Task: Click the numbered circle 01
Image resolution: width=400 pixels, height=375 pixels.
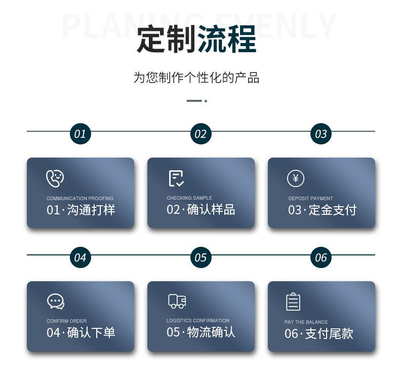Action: coord(80,134)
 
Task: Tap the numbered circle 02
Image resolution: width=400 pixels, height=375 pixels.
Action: coord(201,134)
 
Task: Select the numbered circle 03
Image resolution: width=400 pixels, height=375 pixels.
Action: coord(321,134)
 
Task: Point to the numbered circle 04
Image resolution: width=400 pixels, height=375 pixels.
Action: coord(80,257)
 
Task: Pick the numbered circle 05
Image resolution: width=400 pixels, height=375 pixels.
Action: coord(201,257)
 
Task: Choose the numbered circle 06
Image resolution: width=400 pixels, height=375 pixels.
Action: coord(321,257)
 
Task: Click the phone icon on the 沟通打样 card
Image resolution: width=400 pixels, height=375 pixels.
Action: coord(55,178)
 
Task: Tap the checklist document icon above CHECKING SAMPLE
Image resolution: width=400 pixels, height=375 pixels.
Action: coord(176,178)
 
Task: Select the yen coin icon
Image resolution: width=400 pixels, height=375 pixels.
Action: coord(296,178)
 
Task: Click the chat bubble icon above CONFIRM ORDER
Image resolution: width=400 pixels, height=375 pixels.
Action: coord(55,302)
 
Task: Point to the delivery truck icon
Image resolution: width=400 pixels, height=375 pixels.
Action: coord(177,301)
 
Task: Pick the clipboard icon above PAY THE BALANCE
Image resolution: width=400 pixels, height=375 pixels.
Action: coord(293,302)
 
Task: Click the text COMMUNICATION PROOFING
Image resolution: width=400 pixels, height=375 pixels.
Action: coord(80,199)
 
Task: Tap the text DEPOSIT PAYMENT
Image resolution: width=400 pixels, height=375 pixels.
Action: coord(310,199)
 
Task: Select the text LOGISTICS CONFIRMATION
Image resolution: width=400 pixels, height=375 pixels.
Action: coord(197,321)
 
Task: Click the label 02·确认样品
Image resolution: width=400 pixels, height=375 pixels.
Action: coord(201,210)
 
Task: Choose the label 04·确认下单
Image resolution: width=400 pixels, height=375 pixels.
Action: coord(81,333)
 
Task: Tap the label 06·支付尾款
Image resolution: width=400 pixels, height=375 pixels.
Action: coord(318,334)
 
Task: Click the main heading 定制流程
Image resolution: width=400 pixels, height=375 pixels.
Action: coord(196,39)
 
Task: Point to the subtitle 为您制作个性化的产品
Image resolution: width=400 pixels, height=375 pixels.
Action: coord(196,78)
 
